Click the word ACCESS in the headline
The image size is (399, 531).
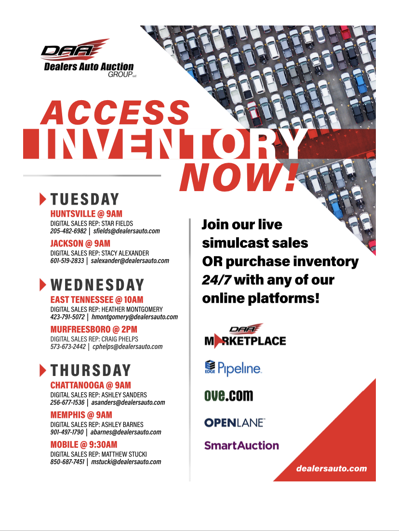pyautogui.click(x=115, y=113)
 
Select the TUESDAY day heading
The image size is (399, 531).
pyautogui.click(x=85, y=199)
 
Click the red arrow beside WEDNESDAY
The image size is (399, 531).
pyautogui.click(x=43, y=285)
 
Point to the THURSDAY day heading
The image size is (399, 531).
pyautogui.click(x=91, y=370)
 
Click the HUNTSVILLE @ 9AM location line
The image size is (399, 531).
pyautogui.click(x=86, y=214)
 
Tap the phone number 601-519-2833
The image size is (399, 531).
pyautogui.click(x=67, y=261)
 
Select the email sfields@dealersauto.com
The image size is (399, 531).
pyautogui.click(x=126, y=231)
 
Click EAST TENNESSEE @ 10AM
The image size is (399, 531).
pyautogui.click(x=97, y=300)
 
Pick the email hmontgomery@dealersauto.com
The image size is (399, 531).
pyautogui.click(x=134, y=317)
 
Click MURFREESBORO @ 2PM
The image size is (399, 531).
pyautogui.click(x=94, y=329)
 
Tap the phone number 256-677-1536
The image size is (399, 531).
pyautogui.click(x=67, y=402)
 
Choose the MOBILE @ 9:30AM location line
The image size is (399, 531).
pyautogui.click(x=84, y=445)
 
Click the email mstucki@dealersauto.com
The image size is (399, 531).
pyautogui.click(x=126, y=462)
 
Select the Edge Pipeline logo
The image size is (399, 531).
pyautogui.click(x=233, y=368)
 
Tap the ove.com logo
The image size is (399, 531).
pyautogui.click(x=229, y=395)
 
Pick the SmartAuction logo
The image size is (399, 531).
pyautogui.click(x=241, y=445)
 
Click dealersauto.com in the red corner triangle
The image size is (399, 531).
pyautogui.click(x=332, y=469)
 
